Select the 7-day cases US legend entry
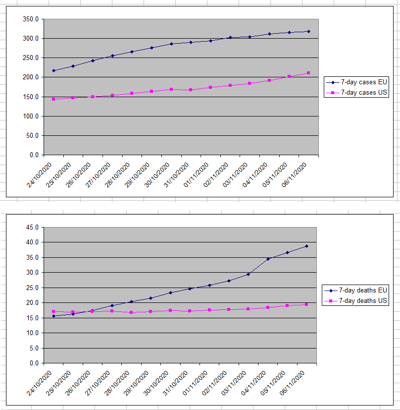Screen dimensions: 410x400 (360, 93)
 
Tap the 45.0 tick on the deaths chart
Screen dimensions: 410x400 (33, 228)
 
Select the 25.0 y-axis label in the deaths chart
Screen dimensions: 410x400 (33, 288)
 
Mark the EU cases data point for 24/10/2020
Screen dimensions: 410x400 (53, 70)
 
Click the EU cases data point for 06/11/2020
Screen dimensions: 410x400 (308, 31)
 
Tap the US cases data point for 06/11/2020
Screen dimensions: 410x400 (308, 73)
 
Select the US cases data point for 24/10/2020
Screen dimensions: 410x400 (53, 99)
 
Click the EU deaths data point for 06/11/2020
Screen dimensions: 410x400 (306, 246)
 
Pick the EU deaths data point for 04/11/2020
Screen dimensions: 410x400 (268, 259)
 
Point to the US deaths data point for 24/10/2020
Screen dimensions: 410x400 (53, 311)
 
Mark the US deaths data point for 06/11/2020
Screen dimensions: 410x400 (306, 304)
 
